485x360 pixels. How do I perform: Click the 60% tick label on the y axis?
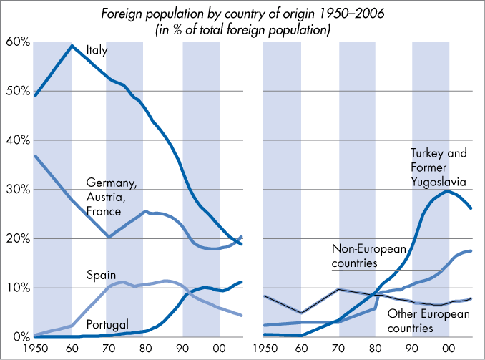pos(17,42)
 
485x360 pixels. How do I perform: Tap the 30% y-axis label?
pos(17,189)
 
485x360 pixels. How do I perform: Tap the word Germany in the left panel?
pos(111,184)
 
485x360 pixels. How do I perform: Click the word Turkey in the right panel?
pos(428,154)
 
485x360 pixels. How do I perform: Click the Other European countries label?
pos(428,321)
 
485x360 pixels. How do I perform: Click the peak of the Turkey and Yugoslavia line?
pos(447,191)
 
